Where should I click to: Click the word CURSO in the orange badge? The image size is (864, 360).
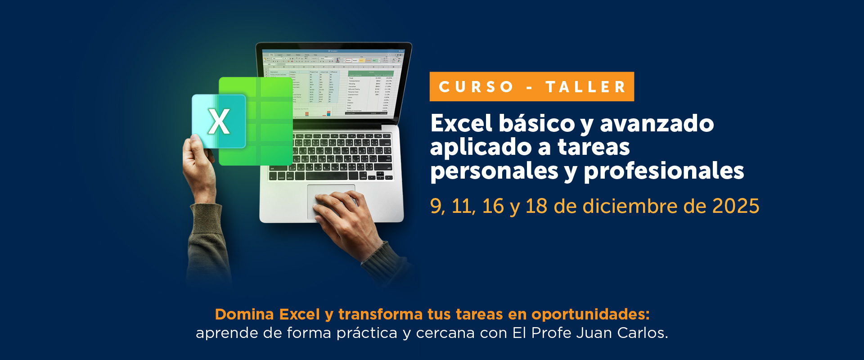coord(476,87)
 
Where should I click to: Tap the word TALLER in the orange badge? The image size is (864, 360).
coord(585,87)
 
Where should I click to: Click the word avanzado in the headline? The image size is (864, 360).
coord(657,123)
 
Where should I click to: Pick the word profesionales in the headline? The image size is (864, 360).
coord(664,171)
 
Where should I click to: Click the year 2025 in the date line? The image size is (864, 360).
coord(735,206)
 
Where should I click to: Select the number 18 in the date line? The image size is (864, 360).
coord(536,206)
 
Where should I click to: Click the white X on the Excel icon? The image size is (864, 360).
coord(219,122)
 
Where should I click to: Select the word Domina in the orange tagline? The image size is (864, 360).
coord(244,314)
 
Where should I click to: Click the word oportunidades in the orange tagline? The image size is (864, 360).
coord(590,314)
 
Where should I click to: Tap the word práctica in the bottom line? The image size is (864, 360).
coord(367,333)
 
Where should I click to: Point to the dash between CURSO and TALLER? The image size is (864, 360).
coord(530,87)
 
